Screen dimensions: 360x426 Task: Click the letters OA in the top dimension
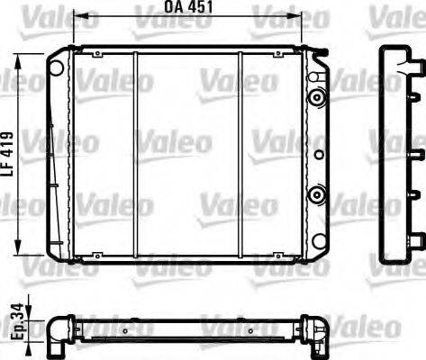pos(174,8)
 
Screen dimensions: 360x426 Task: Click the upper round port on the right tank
pos(315,97)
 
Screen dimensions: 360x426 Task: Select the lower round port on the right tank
pos(315,193)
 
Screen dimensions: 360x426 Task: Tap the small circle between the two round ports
pos(317,154)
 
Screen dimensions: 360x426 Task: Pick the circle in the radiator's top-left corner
pos(57,67)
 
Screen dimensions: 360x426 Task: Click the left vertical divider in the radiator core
pos(134,153)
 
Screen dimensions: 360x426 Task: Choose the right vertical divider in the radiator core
pos(240,153)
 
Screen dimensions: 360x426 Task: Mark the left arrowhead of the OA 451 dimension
pos(76,15)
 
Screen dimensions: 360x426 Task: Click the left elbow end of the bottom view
pos(59,314)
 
